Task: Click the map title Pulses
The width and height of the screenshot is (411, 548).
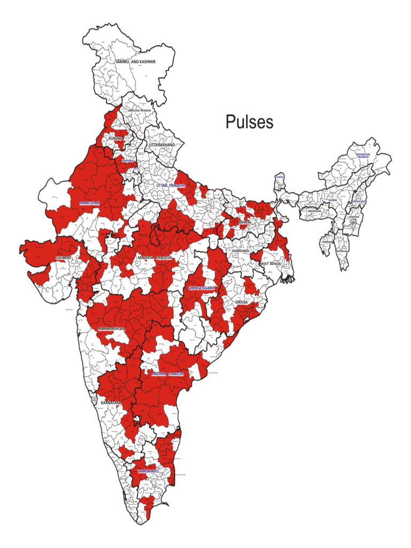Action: click(249, 122)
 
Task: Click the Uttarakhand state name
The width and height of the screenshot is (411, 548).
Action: click(162, 145)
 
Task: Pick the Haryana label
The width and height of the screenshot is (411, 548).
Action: click(128, 161)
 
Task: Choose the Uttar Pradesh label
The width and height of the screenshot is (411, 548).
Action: click(170, 185)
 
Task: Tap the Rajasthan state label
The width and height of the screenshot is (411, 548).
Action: click(90, 203)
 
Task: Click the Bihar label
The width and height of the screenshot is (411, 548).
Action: click(245, 222)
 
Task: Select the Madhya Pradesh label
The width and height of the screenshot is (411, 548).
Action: click(155, 257)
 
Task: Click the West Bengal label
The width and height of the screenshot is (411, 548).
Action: click(270, 264)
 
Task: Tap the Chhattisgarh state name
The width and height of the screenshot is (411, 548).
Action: click(202, 288)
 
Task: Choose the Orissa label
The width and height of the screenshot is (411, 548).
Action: click(242, 302)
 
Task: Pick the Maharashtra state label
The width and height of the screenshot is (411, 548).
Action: click(111, 328)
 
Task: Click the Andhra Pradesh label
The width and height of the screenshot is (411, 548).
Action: click(168, 374)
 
